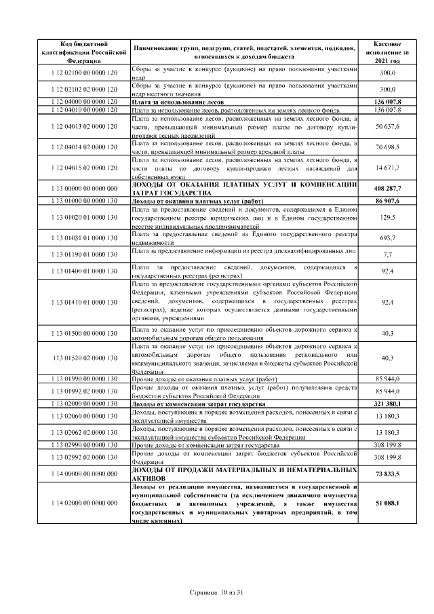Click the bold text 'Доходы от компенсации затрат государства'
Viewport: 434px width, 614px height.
click(x=197, y=404)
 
